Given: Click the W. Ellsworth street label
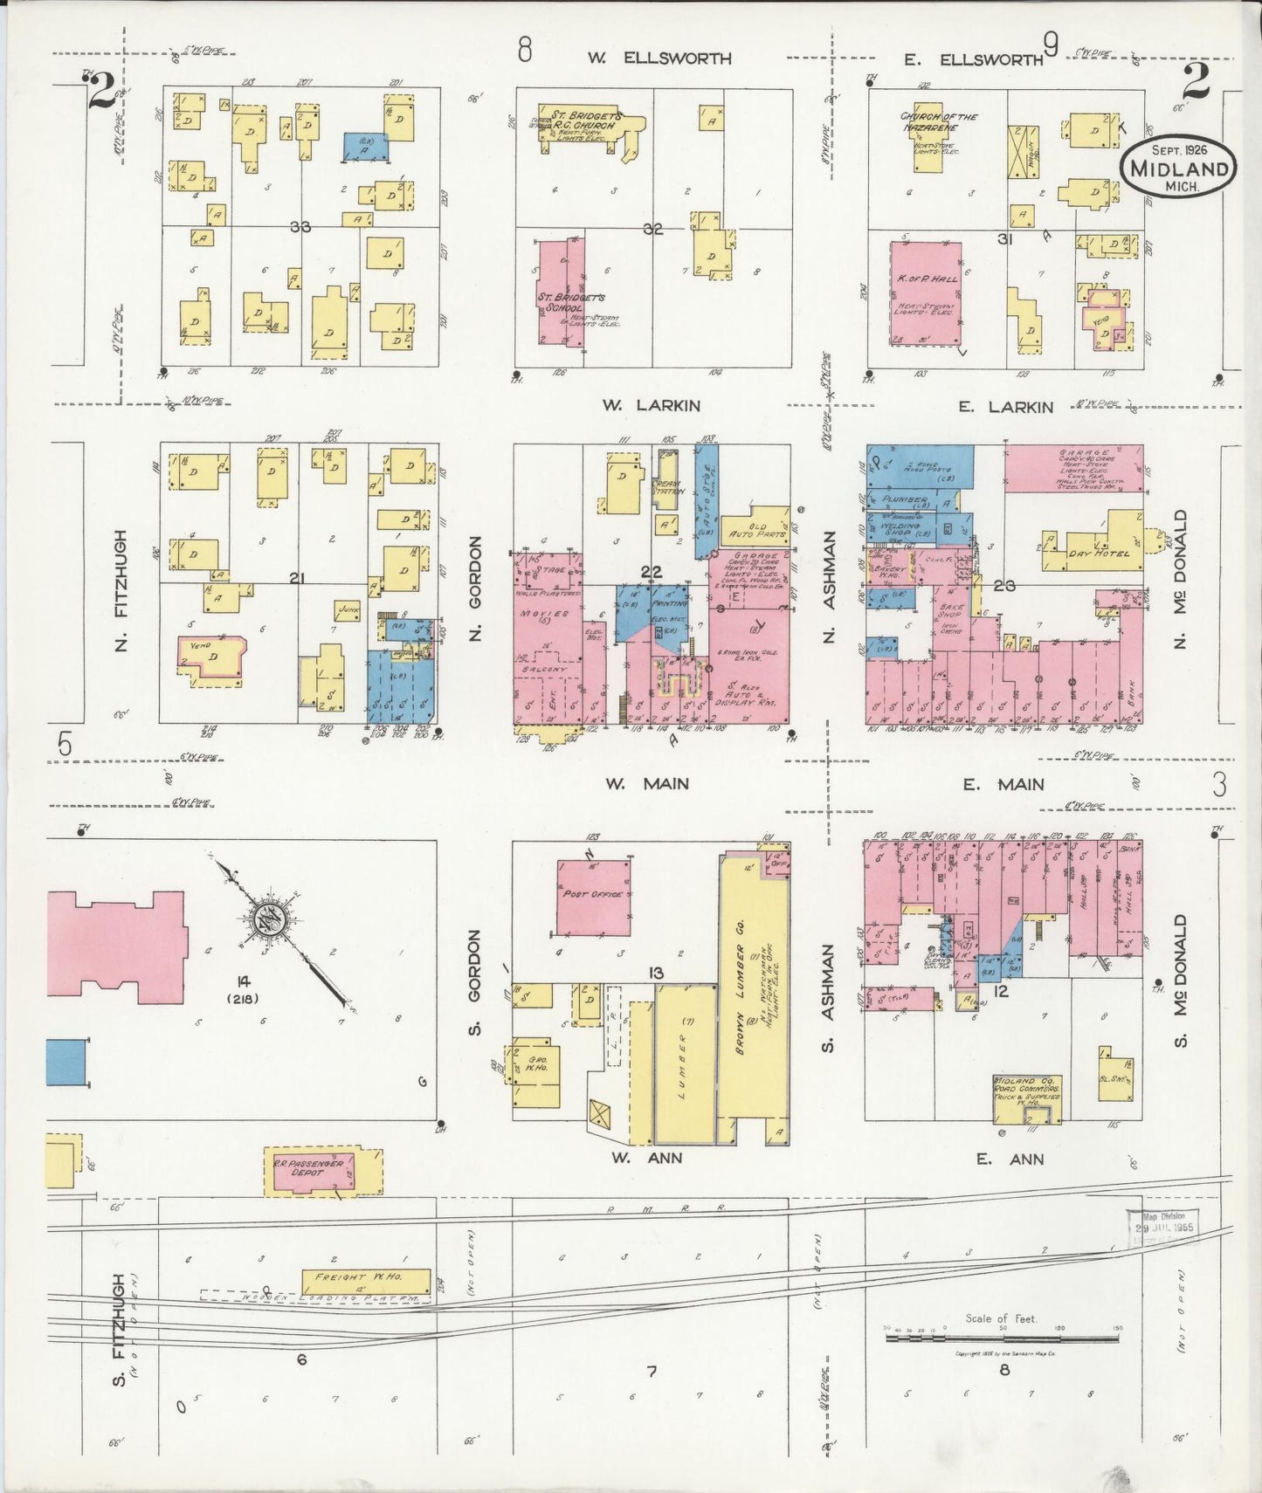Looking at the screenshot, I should [x=659, y=58].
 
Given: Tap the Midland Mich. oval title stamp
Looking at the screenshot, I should [x=1179, y=168].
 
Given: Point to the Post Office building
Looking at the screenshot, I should [x=594, y=896].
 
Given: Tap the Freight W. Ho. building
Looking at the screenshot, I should [x=366, y=1281].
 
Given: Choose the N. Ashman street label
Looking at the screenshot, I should [x=829, y=587].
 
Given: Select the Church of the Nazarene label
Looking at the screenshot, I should [x=939, y=121].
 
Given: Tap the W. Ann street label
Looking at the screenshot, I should [x=645, y=1158].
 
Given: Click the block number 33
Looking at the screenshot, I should [x=301, y=227].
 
